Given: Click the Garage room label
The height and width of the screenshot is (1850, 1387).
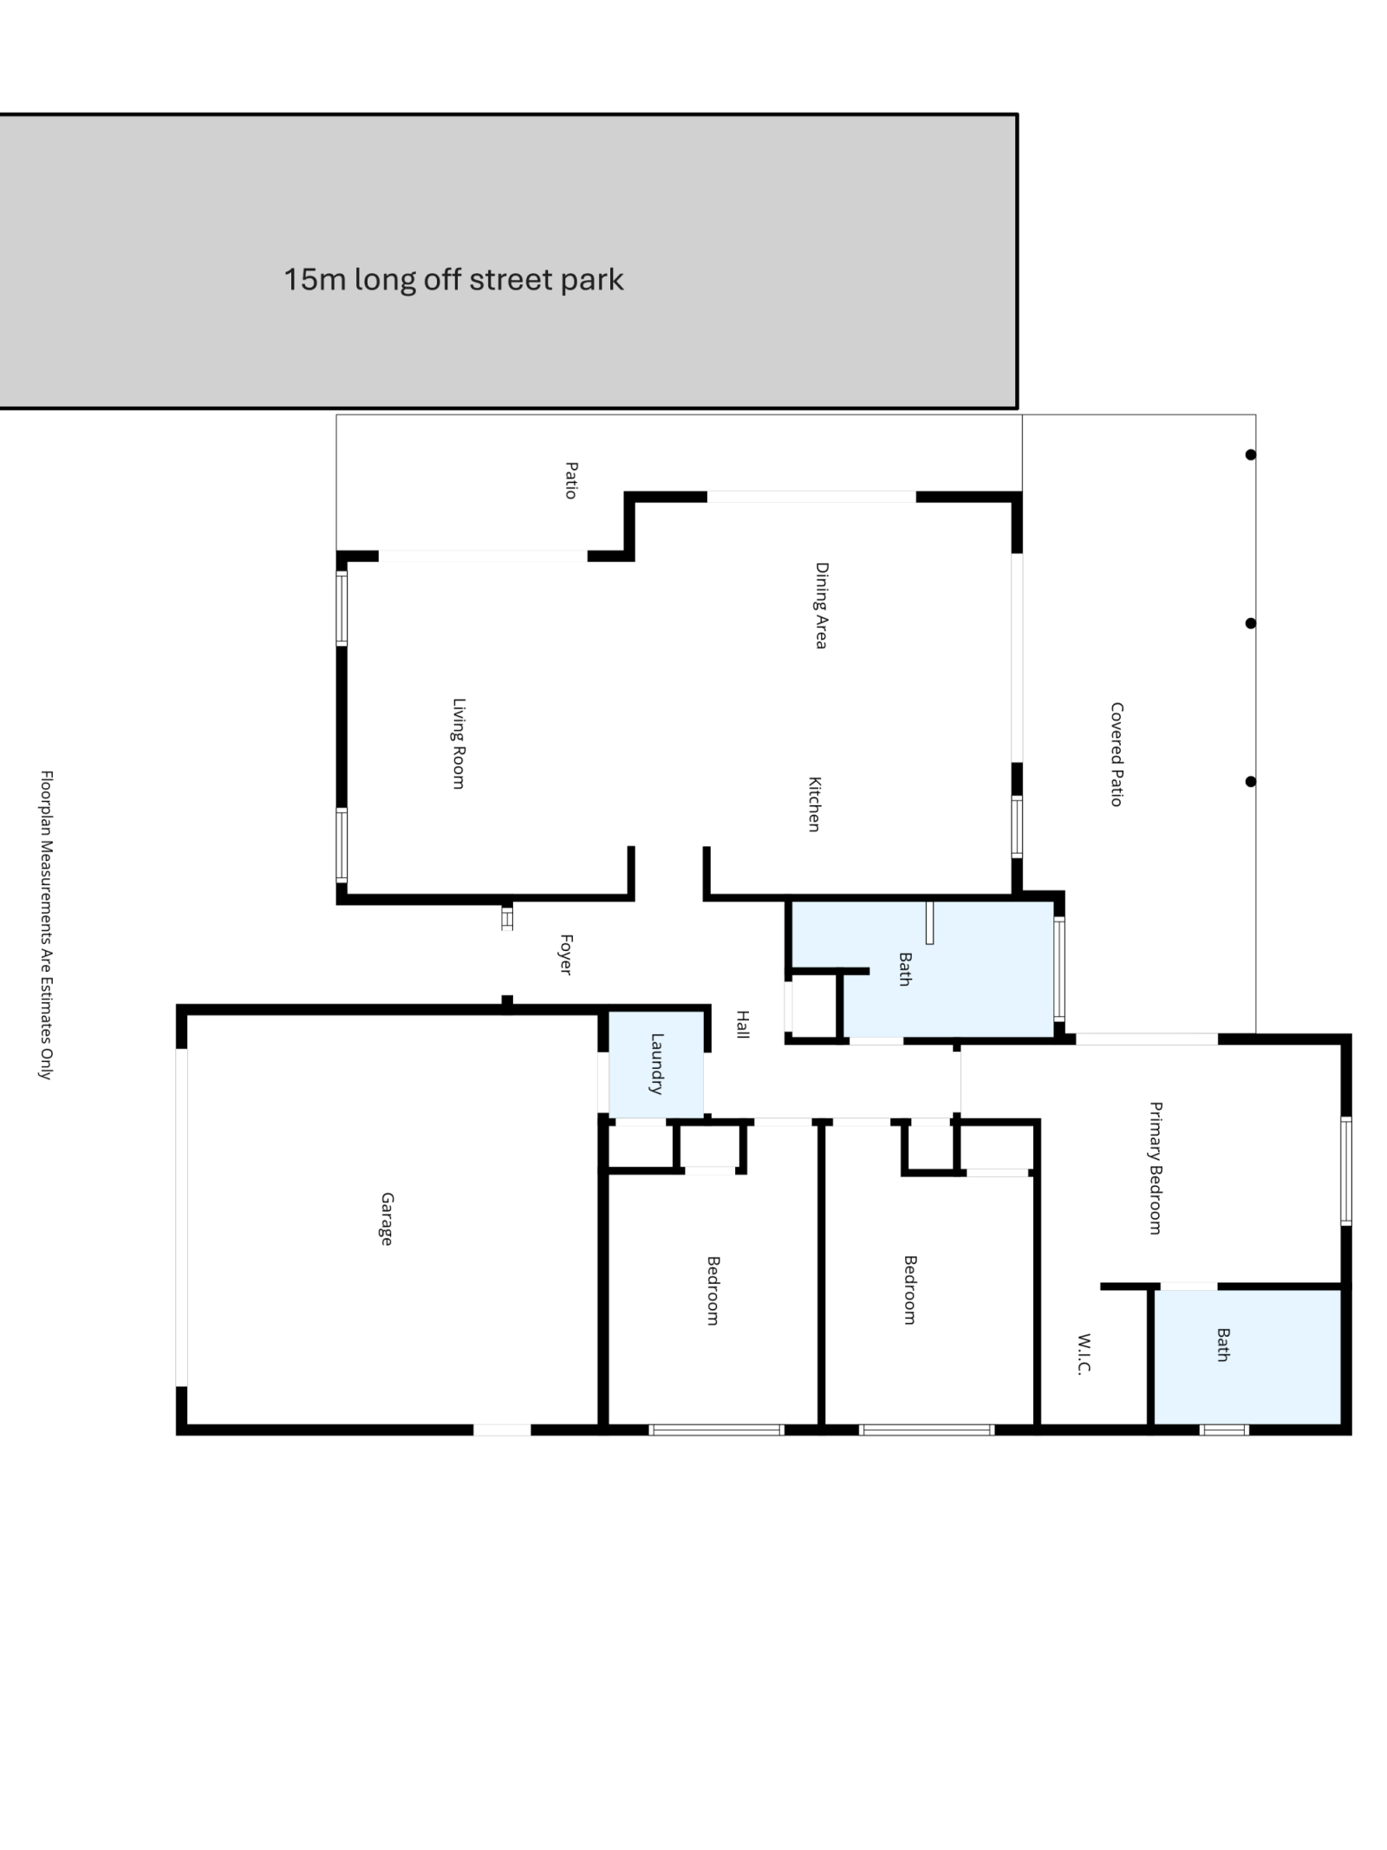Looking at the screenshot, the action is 387,1219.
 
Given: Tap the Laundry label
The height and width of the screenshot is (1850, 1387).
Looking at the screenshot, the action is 657,1064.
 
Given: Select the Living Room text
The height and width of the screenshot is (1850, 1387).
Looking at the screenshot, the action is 459,744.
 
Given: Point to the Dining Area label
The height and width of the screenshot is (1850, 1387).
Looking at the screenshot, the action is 821,606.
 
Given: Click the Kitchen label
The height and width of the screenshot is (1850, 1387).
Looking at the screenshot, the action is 814,804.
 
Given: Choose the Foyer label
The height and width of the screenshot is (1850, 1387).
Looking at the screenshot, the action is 566,954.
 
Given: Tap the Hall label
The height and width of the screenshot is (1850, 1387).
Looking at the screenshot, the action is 743,1024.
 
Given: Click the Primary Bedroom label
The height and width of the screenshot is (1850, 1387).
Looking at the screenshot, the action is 1156,1168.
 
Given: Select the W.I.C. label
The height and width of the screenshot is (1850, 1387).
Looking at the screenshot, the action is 1084,1354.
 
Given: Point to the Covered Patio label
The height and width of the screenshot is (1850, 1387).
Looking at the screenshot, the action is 1117,754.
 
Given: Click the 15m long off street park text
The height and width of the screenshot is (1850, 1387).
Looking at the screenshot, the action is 453,280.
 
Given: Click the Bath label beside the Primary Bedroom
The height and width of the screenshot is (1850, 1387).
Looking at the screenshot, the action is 1223,1345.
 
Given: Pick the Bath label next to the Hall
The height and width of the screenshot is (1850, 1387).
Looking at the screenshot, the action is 905,969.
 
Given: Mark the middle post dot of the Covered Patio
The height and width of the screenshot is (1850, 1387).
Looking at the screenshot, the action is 1250,623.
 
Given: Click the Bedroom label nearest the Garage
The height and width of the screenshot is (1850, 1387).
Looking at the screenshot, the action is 713,1290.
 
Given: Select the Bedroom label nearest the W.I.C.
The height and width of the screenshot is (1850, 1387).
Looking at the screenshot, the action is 910,1290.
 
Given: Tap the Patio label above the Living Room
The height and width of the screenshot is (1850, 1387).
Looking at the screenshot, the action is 571,480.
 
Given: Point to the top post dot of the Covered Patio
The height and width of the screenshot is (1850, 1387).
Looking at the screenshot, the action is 1250,454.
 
